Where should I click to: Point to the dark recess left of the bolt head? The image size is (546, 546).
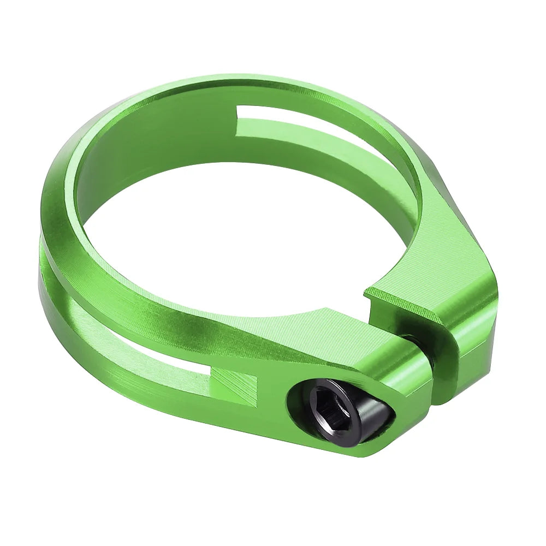pyautogui.click(x=298, y=404)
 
